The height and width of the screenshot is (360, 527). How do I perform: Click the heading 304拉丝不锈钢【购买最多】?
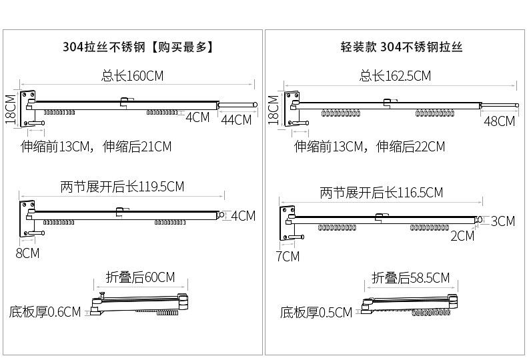pyautogui.click(x=137, y=47)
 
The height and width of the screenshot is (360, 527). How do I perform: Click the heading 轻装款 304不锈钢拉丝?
pyautogui.click(x=401, y=47)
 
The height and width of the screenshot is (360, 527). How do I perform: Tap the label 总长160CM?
pyautogui.click(x=133, y=76)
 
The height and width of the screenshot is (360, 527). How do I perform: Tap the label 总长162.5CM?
pyautogui.click(x=395, y=76)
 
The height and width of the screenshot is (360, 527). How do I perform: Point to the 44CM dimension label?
pyautogui.click(x=236, y=120)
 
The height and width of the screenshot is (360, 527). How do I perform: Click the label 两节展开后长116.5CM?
pyautogui.click(x=381, y=193)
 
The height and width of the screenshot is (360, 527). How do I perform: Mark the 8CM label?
pyautogui.click(x=27, y=253)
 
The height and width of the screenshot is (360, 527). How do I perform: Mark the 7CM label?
pyautogui.click(x=288, y=256)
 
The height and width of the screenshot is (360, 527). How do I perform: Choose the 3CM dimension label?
pyautogui.click(x=503, y=221)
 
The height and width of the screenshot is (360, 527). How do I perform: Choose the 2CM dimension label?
pyautogui.click(x=462, y=235)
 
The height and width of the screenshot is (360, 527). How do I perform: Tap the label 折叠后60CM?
pyautogui.click(x=140, y=277)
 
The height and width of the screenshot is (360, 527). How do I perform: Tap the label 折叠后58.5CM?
pyautogui.click(x=410, y=278)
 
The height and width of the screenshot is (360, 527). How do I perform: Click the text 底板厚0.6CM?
pyautogui.click(x=45, y=311)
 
